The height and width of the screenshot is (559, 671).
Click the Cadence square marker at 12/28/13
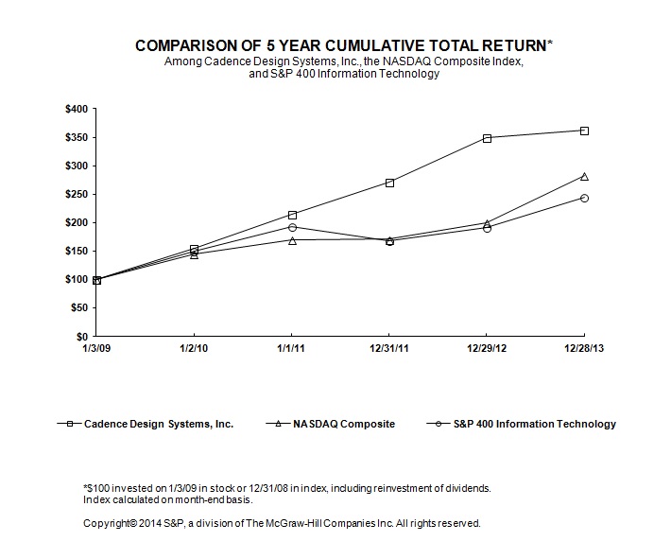point(584,131)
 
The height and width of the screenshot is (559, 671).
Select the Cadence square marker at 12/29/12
point(487,138)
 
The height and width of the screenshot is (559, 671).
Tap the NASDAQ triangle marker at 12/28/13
point(584,176)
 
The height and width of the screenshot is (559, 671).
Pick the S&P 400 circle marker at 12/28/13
point(584,198)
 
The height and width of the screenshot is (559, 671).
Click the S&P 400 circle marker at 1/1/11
point(292,227)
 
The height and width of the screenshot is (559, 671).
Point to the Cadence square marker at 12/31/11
point(389,183)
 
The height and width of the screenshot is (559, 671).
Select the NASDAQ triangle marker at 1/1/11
point(292,240)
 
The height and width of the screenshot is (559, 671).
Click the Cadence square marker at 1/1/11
point(292,215)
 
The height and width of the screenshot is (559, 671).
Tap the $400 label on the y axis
point(78,110)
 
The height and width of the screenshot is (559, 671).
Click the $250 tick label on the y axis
point(78,195)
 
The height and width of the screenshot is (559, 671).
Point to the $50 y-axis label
point(81,308)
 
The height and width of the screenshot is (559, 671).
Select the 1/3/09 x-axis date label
point(96,348)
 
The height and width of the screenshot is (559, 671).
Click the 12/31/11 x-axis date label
point(388,348)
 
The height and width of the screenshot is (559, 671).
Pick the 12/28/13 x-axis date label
point(583,348)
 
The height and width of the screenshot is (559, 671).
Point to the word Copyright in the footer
point(110,522)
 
